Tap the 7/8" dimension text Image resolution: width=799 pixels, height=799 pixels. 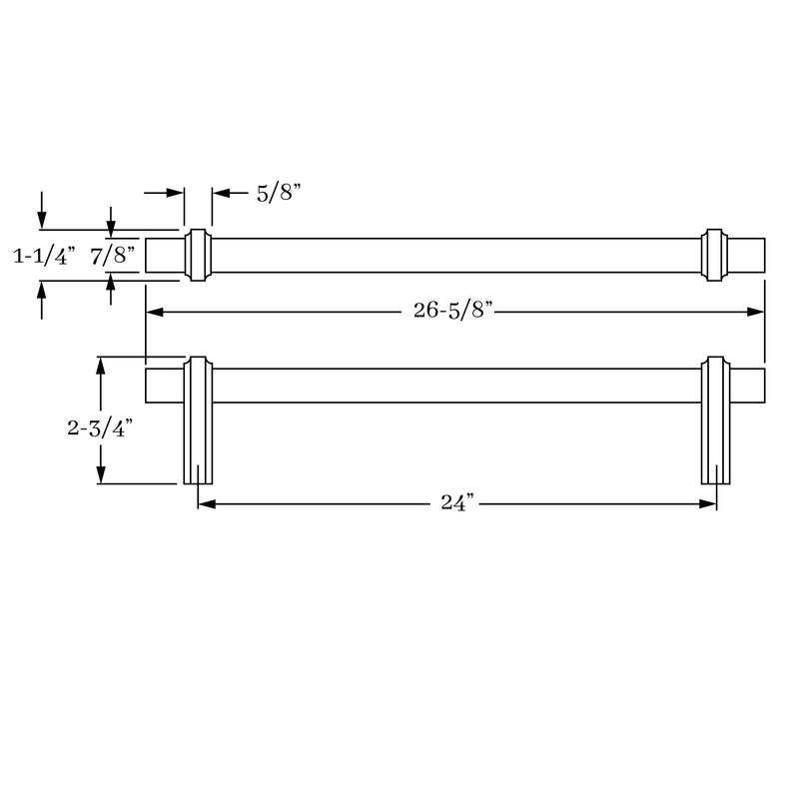(112, 256)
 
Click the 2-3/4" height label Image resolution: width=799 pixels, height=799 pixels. (100, 428)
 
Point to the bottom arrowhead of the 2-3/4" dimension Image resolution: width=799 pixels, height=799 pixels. (100, 475)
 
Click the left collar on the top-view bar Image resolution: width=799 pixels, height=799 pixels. (198, 255)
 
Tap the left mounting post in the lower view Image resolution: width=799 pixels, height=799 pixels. (198, 429)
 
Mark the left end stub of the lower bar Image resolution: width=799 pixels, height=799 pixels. (164, 386)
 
